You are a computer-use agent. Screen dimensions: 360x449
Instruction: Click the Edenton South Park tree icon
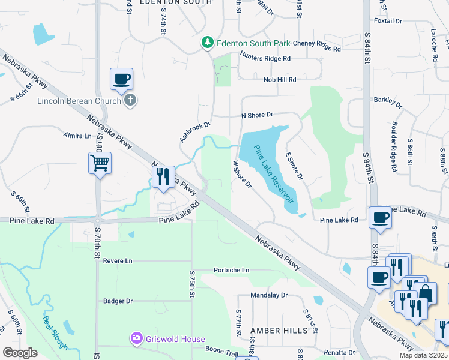pyautogui.click(x=207, y=43)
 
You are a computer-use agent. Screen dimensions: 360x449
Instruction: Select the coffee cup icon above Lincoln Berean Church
pyautogui.click(x=121, y=79)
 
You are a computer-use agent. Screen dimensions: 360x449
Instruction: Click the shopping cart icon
pyautogui.click(x=100, y=163)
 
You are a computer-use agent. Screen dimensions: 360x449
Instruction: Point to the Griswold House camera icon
pyautogui.click(x=137, y=339)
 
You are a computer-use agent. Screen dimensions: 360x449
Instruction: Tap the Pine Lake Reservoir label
pyautogui.click(x=274, y=173)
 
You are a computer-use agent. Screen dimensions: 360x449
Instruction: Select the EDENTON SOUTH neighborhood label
pyautogui.click(x=176, y=2)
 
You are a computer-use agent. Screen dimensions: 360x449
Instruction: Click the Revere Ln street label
pyautogui.click(x=117, y=261)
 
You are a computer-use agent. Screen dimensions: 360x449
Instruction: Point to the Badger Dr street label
pyautogui.click(x=117, y=301)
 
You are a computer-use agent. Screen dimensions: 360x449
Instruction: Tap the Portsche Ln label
pyautogui.click(x=231, y=270)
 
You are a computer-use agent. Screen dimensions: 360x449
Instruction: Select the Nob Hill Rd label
pyautogui.click(x=279, y=79)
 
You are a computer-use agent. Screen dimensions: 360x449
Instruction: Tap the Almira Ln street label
pyautogui.click(x=77, y=136)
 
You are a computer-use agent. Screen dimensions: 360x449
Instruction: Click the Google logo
pyautogui.click(x=20, y=353)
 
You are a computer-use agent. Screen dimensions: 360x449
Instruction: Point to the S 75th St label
pyautogui.click(x=192, y=287)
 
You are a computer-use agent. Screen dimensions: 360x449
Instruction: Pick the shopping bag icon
pyautogui.click(x=426, y=293)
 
